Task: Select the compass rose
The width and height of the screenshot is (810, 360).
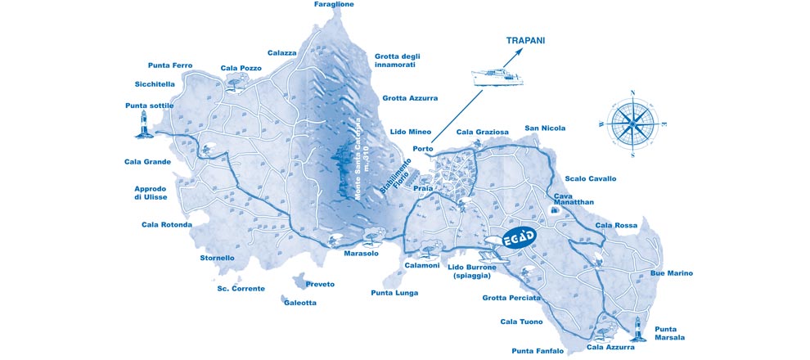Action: pyautogui.click(x=632, y=124)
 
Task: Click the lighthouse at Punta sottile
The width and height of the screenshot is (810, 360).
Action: pyautogui.click(x=145, y=125)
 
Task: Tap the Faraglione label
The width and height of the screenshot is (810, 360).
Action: pyautogui.click(x=334, y=4)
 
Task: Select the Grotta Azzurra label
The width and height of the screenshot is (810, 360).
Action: pyautogui.click(x=410, y=98)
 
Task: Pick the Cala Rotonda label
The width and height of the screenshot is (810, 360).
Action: pyautogui.click(x=166, y=224)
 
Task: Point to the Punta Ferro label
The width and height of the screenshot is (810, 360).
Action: pyautogui.click(x=170, y=65)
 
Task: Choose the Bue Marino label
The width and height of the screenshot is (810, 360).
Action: pyautogui.click(x=671, y=272)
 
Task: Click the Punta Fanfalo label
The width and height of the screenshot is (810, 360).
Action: pyautogui.click(x=538, y=350)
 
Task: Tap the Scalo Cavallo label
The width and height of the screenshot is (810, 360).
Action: pyautogui.click(x=590, y=178)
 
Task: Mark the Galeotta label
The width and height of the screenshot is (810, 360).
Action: pyautogui.click(x=299, y=302)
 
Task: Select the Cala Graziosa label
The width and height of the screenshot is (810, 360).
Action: pyautogui.click(x=482, y=131)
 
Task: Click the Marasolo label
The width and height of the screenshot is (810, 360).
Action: pyautogui.click(x=361, y=253)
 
